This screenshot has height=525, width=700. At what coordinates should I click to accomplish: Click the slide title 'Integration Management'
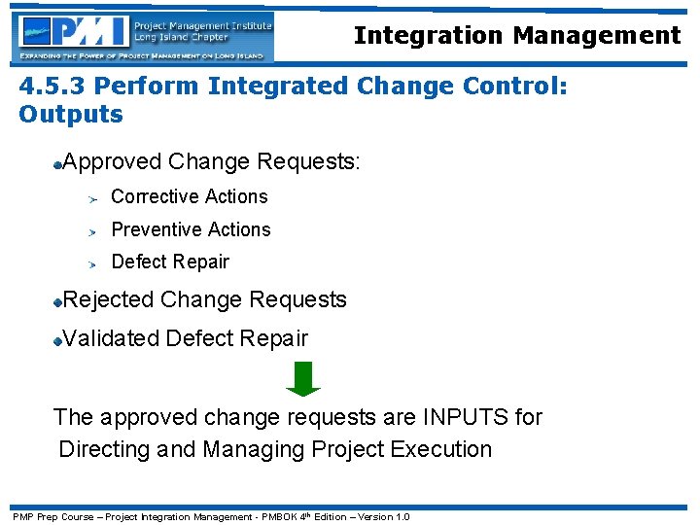(516, 36)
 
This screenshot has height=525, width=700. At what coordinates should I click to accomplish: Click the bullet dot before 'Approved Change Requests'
(58, 163)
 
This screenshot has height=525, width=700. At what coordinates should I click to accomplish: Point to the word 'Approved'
(112, 161)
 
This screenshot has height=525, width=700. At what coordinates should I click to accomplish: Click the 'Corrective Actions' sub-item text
(190, 196)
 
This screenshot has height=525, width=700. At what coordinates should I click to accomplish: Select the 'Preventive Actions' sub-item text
(191, 229)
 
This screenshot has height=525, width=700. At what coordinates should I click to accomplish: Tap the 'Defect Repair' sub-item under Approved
(170, 262)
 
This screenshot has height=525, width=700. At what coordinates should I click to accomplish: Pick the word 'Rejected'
(108, 299)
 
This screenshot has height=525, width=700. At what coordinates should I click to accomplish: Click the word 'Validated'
(111, 338)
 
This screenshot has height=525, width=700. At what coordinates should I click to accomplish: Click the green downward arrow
(303, 378)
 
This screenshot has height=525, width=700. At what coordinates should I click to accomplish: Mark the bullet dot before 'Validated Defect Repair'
(58, 340)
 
